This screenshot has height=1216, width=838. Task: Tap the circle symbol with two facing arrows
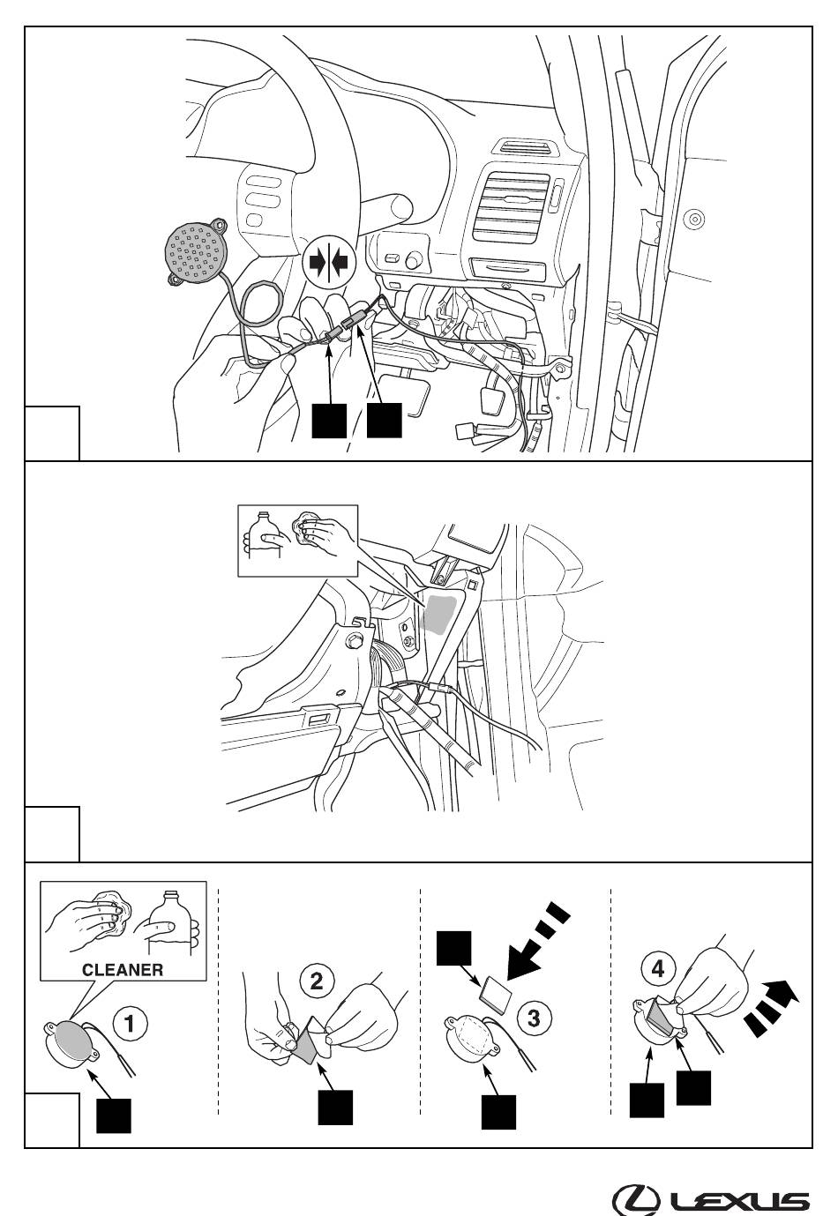coord(328,263)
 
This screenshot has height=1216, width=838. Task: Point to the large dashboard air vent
coord(512,207)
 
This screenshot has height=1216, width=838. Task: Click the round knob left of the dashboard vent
coord(413,262)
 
